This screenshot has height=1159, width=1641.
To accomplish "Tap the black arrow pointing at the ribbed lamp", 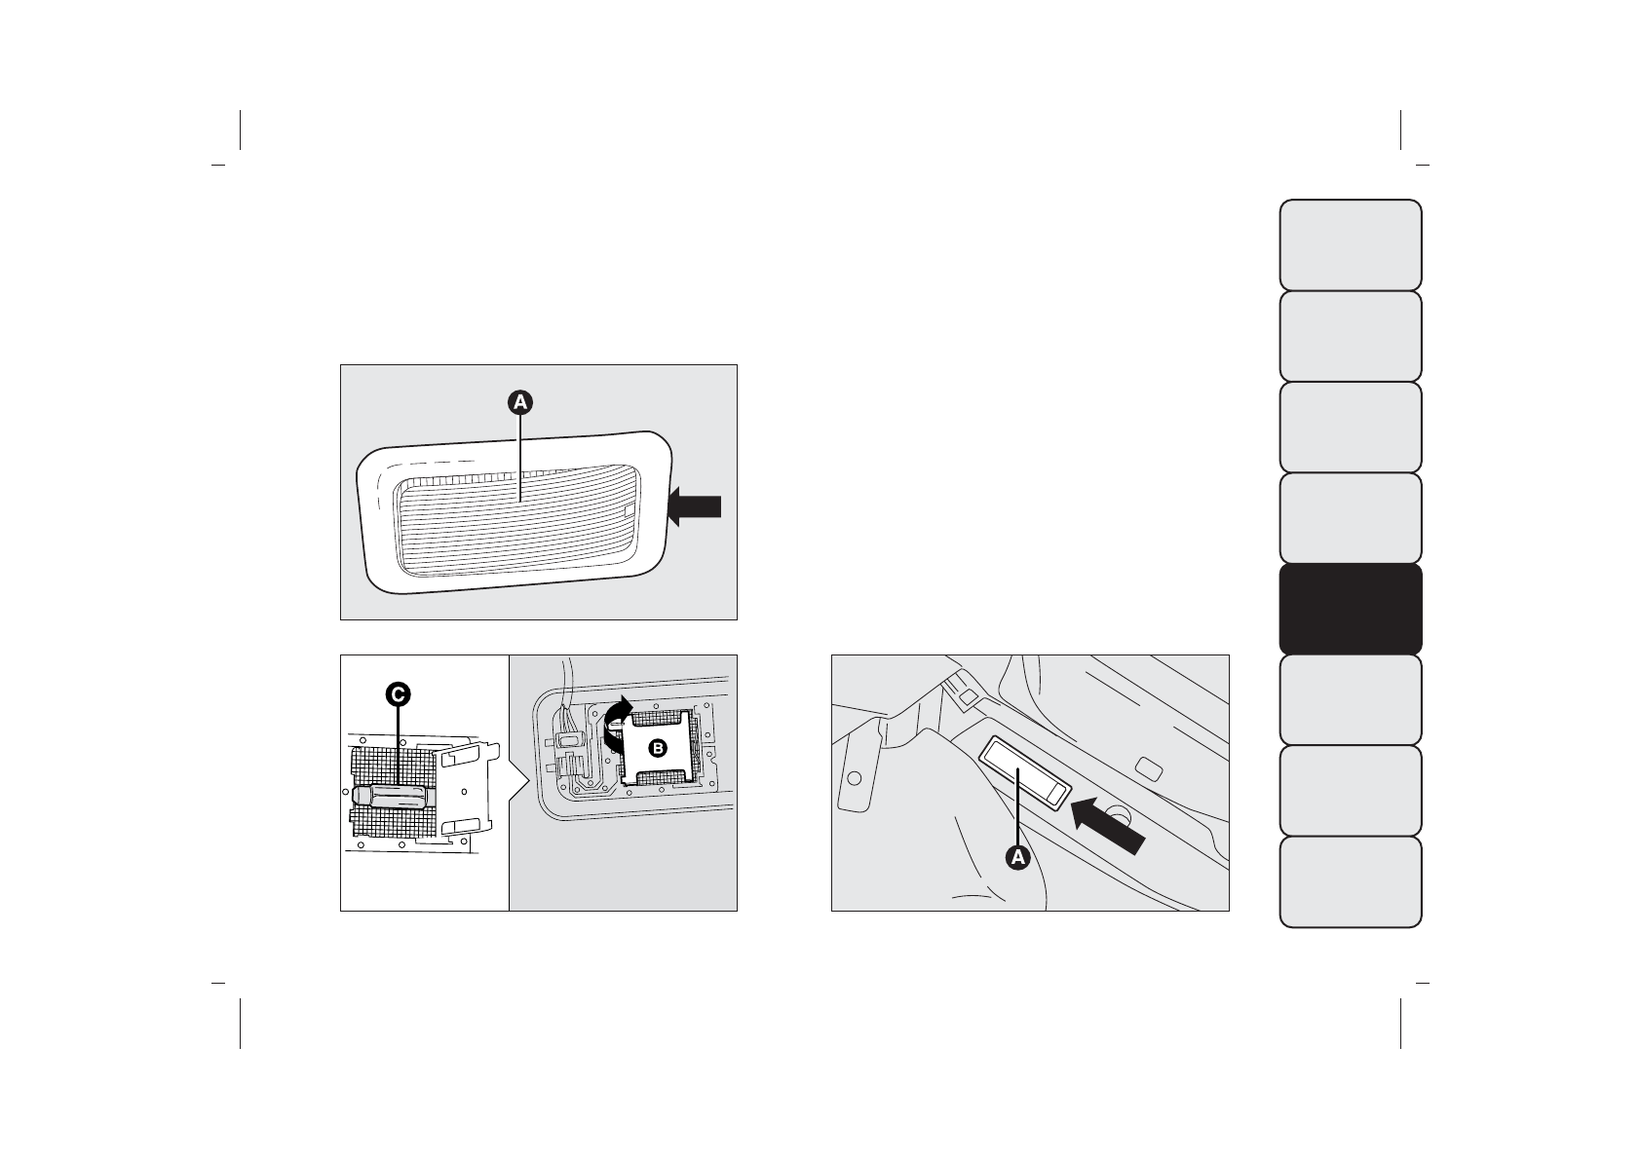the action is click(696, 506).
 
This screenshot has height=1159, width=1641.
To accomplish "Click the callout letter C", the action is click(397, 693).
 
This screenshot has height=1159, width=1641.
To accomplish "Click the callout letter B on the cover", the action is click(657, 747).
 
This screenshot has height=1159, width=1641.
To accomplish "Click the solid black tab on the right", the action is click(1350, 609).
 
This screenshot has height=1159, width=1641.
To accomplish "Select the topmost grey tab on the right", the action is click(1350, 244).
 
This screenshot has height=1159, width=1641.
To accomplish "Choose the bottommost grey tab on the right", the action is click(1350, 881).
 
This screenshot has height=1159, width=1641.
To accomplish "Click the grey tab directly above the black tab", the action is click(1350, 517).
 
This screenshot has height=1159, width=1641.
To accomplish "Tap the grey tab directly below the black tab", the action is click(1350, 699).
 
